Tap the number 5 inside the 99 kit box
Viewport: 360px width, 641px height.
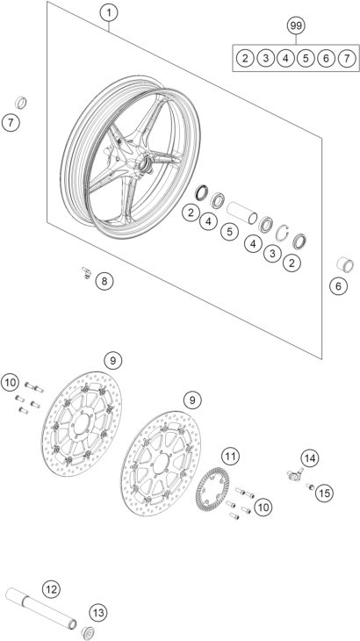[x=306, y=58]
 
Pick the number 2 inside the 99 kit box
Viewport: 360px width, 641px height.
[x=246, y=58]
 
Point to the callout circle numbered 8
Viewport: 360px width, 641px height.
[x=104, y=281]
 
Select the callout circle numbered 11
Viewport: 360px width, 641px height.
[x=229, y=456]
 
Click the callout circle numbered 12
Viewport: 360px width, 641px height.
[x=51, y=588]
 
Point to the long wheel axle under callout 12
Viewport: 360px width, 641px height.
[x=35, y=607]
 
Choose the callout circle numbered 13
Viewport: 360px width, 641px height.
[x=97, y=611]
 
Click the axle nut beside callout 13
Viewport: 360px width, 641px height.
[x=88, y=632]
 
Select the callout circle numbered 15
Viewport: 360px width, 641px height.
[x=324, y=493]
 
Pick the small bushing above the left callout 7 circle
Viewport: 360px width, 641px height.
[x=22, y=98]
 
